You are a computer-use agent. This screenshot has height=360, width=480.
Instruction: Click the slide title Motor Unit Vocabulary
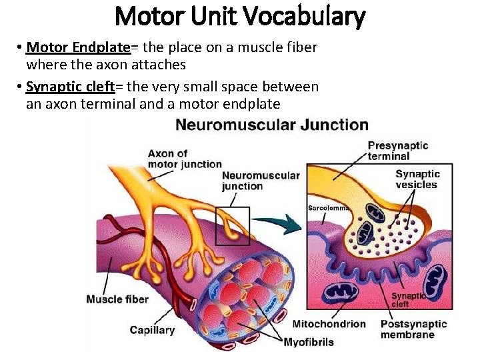coord(240,16)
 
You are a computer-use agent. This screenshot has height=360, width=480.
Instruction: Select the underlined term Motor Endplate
coord(77,48)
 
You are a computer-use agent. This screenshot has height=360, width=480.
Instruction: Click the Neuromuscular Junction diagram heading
coord(271,125)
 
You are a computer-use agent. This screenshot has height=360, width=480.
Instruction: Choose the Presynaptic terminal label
coord(397,151)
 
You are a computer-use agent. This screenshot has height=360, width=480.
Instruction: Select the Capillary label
coord(152,329)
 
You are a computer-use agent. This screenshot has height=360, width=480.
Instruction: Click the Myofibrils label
coord(309,343)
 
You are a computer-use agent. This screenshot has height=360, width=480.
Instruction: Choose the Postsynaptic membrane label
coord(413,329)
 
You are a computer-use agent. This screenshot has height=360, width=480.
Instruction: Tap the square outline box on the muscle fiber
coord(233,226)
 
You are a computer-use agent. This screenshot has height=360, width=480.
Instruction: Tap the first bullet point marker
coord(21,48)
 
